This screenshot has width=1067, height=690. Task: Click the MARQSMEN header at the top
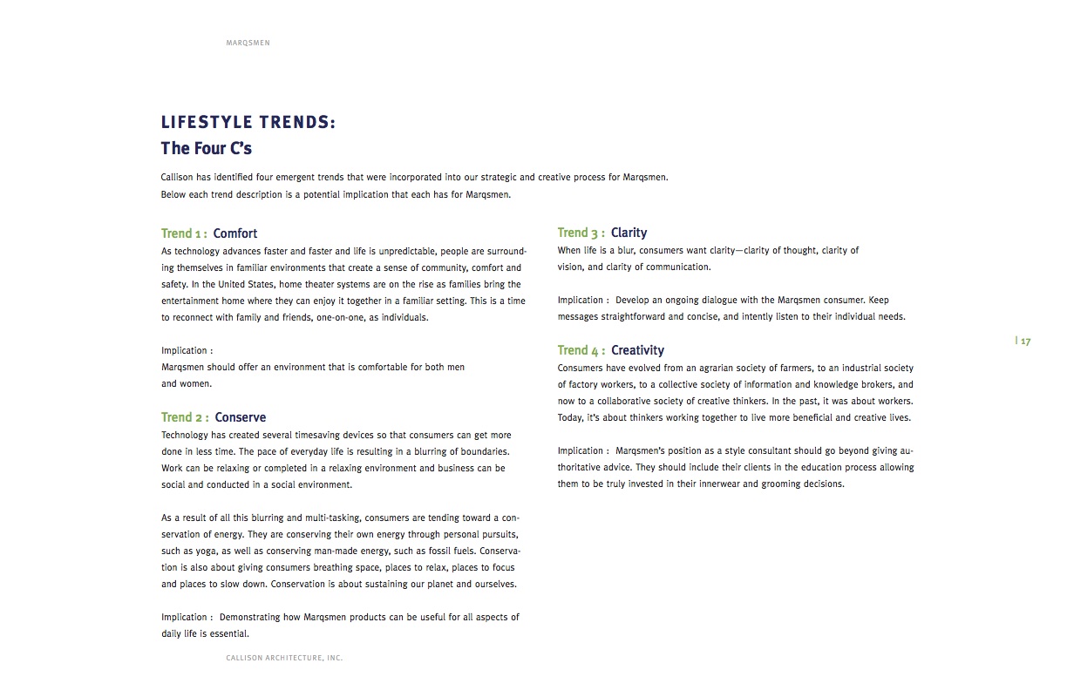[248, 43]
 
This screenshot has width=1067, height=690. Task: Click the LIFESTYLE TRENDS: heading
[248, 123]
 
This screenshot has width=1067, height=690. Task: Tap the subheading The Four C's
[207, 148]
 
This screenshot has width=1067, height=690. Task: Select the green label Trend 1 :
[184, 233]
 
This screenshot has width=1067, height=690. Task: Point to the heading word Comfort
[235, 233]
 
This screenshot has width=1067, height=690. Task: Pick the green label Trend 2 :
[185, 417]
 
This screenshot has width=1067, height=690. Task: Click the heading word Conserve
[241, 417]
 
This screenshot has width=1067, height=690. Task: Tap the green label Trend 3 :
[581, 233]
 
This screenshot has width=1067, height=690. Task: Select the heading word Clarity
[629, 233]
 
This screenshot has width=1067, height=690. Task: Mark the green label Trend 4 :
[581, 350]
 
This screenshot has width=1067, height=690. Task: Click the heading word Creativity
[637, 350]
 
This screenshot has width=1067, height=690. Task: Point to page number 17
[1025, 342]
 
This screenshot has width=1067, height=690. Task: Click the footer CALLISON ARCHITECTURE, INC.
[284, 659]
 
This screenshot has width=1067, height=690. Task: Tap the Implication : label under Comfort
[187, 351]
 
